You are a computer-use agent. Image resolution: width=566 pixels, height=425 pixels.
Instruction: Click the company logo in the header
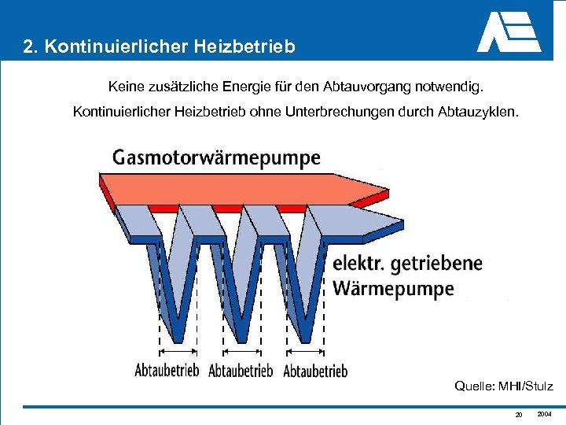point(509,32)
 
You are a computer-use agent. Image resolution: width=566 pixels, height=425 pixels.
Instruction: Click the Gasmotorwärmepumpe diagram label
point(216,157)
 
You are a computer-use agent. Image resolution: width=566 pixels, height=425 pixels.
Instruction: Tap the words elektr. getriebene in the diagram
point(407,263)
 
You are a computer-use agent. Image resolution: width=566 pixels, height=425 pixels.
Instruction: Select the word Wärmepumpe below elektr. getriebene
point(393,288)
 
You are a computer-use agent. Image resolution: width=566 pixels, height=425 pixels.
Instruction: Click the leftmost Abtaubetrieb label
point(167,370)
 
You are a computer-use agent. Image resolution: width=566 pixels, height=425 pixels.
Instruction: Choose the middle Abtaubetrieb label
point(241,370)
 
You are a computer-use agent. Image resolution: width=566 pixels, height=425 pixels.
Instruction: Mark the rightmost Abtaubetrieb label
point(315,370)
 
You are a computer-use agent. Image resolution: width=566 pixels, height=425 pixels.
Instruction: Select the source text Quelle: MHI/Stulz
point(504,386)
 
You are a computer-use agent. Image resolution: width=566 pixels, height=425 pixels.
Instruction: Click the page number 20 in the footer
point(518,415)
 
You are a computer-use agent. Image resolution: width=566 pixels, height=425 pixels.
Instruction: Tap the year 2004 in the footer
point(545,413)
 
